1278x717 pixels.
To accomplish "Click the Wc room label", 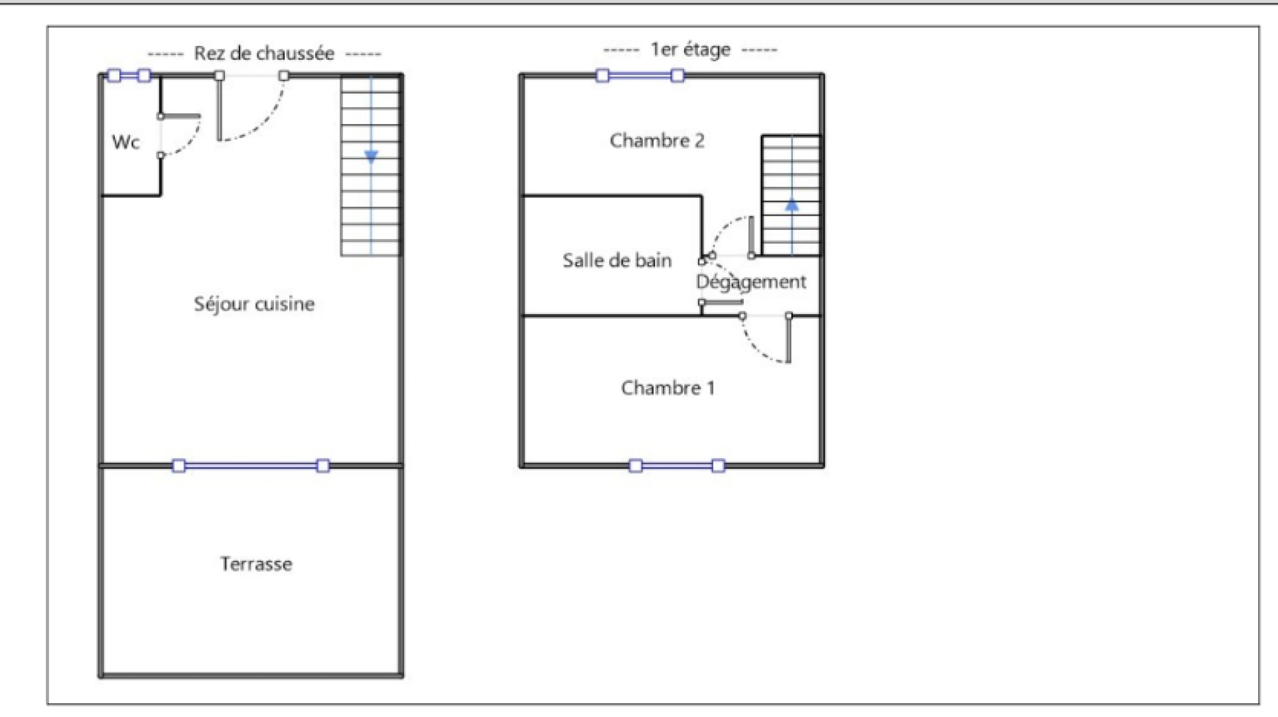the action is [125, 142].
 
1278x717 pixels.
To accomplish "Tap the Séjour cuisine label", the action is [254, 304].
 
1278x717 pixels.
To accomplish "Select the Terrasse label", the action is [256, 564].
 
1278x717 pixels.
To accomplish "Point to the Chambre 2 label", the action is [657, 141].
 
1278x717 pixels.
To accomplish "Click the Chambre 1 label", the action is [668, 388].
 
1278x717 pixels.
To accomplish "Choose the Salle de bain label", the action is [617, 260].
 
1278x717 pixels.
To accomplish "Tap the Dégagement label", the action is [751, 282].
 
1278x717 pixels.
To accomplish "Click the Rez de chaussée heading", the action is [263, 53].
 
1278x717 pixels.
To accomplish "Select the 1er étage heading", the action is [690, 50].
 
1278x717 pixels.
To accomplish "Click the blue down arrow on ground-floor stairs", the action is [372, 157].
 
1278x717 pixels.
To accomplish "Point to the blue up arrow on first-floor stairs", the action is [792, 205].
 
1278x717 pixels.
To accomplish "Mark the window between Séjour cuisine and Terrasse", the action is [251, 466].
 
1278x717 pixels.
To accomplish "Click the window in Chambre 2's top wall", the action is [640, 76].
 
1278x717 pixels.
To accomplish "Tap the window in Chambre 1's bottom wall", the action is [677, 466].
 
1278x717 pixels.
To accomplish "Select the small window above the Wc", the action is [129, 76].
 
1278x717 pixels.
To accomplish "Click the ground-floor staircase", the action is [371, 165].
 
